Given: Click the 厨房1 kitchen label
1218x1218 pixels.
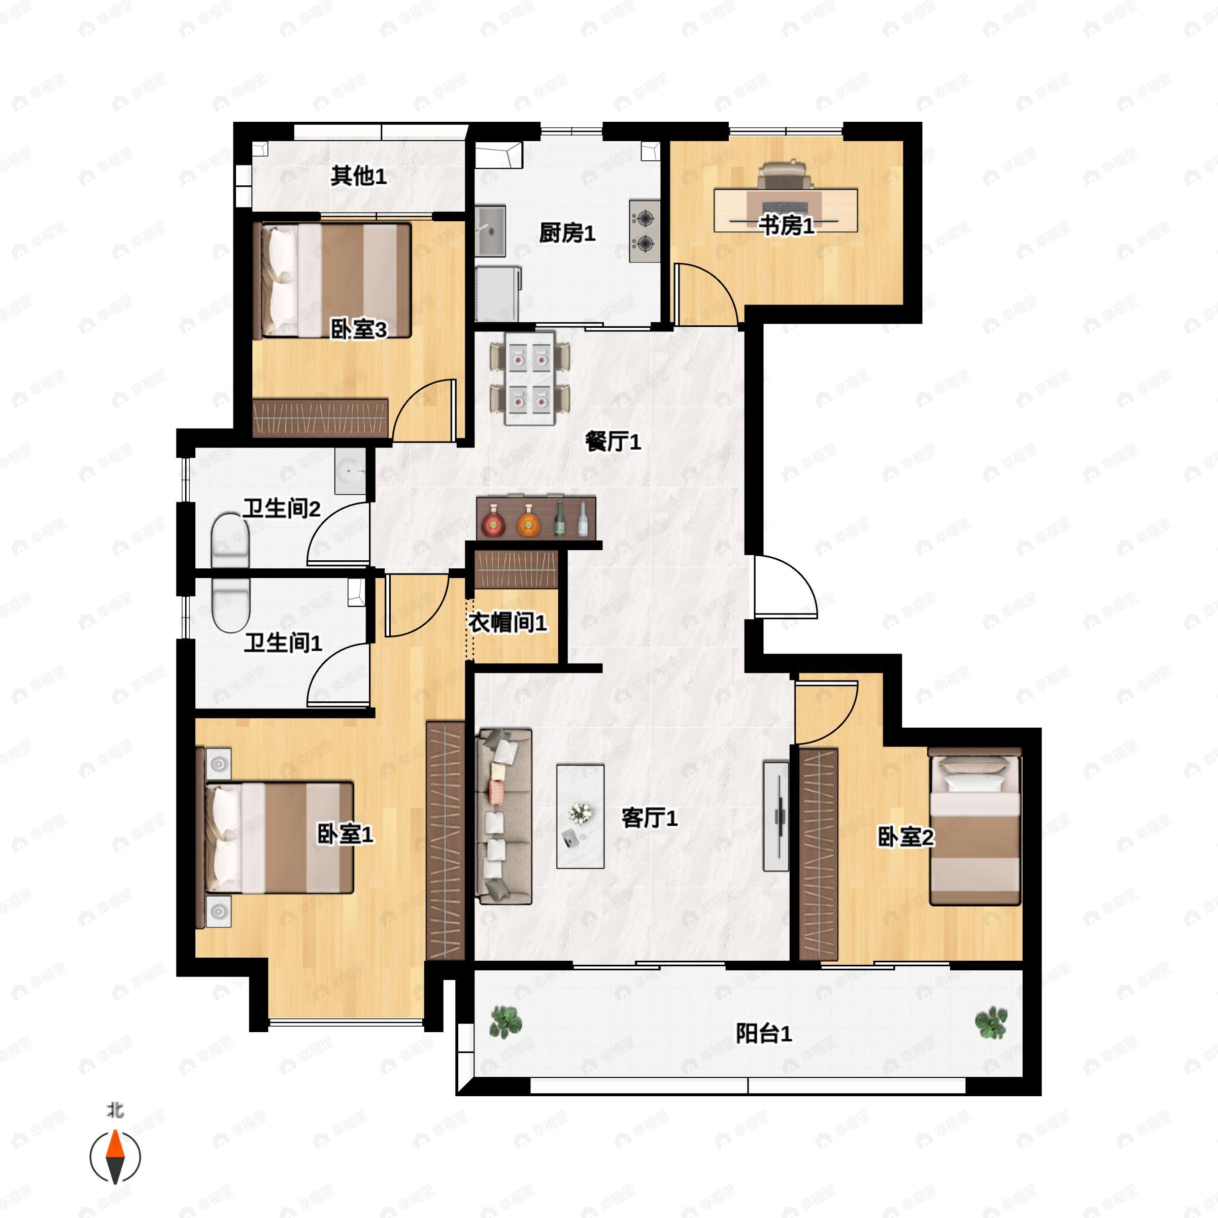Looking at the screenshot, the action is tap(567, 233).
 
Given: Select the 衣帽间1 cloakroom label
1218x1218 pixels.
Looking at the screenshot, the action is tap(507, 622).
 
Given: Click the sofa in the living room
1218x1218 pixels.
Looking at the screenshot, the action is tap(505, 817).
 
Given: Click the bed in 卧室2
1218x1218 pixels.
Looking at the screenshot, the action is tap(974, 827).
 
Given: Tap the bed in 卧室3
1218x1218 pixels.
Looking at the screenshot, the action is tap(332, 280).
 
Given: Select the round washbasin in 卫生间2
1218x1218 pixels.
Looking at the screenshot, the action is tap(350, 471).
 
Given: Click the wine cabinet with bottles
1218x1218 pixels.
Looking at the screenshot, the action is tap(536, 518).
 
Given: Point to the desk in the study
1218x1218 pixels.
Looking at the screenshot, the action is tap(786, 210).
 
